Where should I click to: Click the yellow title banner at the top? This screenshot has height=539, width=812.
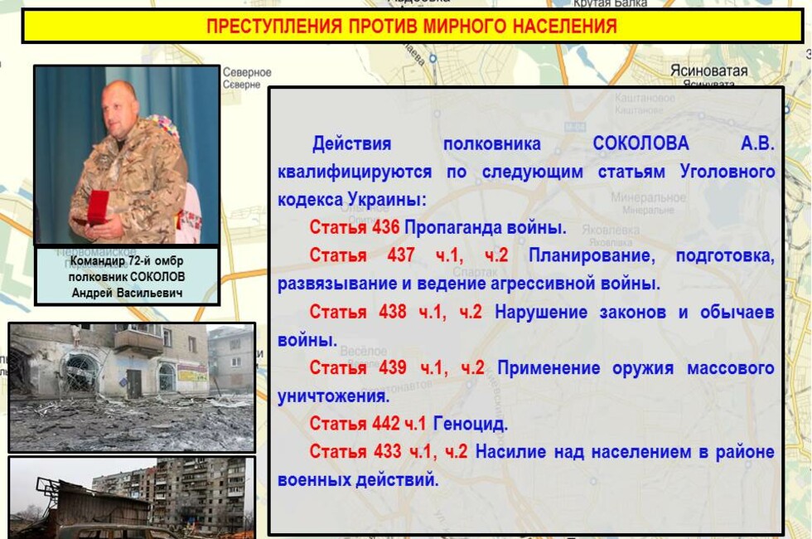(x=411, y=27)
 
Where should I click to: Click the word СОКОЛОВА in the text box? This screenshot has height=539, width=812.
(x=640, y=143)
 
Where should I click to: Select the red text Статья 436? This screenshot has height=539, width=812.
(x=355, y=227)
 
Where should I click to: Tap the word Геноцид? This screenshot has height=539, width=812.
(x=471, y=425)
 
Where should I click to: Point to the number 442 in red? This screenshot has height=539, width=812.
(x=385, y=425)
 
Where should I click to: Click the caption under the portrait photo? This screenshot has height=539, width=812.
(x=127, y=276)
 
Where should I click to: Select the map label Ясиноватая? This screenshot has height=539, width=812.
(x=708, y=71)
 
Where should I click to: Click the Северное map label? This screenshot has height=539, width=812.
(x=247, y=73)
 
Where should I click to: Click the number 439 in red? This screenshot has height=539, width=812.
(x=394, y=367)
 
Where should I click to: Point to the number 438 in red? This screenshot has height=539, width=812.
(x=394, y=312)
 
